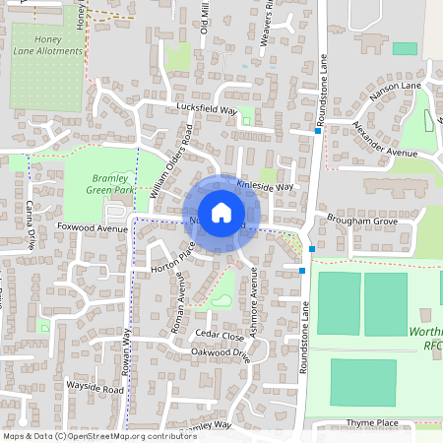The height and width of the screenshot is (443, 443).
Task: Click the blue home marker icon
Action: [x=221, y=212]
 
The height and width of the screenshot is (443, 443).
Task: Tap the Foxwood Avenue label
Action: [x=86, y=227]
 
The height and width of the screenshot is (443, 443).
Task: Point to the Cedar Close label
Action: [x=219, y=336]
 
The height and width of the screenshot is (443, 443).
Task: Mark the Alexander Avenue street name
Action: [x=386, y=141]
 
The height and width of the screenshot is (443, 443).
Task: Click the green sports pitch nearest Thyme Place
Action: [x=363, y=382]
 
